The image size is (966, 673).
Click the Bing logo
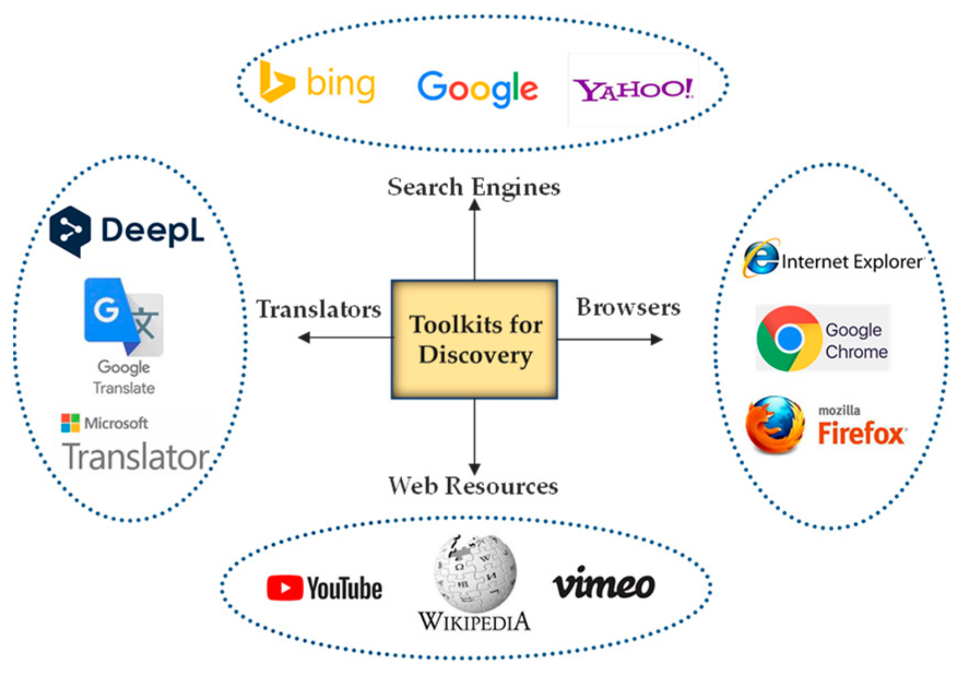coord(317,83)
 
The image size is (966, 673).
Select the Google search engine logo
coord(477,88)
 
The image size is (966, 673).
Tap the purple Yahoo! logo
coord(633,89)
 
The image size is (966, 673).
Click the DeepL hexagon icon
coord(70,231)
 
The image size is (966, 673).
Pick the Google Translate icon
coord(124,316)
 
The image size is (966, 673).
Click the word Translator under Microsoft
coord(136,457)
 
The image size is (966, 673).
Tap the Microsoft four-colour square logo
coord(70,423)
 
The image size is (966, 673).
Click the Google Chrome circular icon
coord(788,338)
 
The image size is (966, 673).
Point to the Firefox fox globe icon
coord(776,425)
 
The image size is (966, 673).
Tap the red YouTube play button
coord(284,588)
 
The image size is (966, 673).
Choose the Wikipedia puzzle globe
coord(475,573)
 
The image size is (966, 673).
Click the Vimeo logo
coord(604,584)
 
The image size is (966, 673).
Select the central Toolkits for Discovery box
coord(474,339)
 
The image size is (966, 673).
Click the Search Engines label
coord(474,187)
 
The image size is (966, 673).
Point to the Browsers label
coord(628,307)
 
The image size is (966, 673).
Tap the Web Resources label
coord(473,486)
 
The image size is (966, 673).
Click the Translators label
coord(319,309)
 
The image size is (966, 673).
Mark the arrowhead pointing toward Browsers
coord(657,339)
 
